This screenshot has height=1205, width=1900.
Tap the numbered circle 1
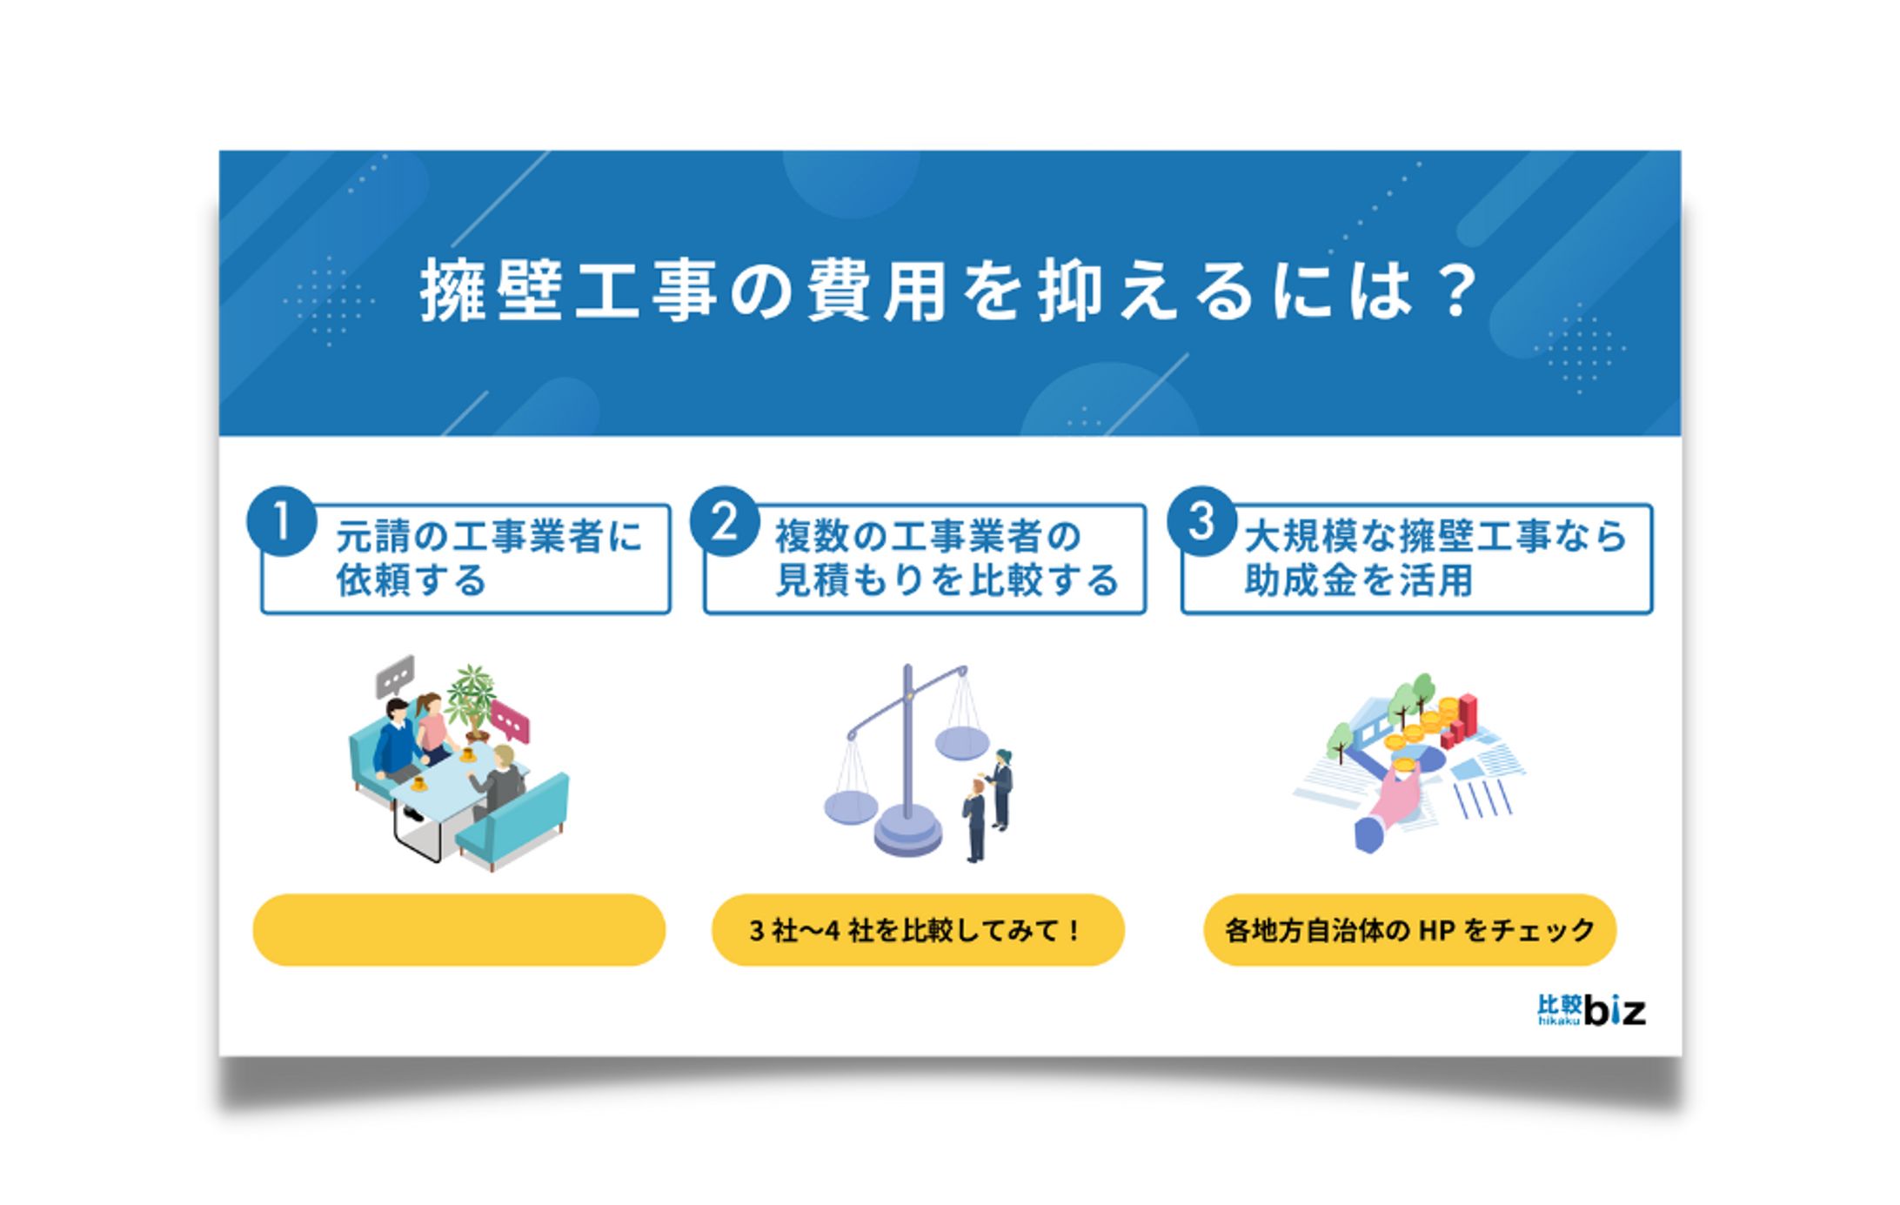[281, 520]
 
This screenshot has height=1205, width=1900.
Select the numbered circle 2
[725, 520]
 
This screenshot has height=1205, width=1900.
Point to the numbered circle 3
[1201, 520]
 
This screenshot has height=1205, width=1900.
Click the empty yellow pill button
[458, 929]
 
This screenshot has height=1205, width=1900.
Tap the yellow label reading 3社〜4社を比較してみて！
[918, 929]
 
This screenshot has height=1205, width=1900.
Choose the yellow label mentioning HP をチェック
[1409, 929]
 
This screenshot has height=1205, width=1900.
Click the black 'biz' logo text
[1615, 1009]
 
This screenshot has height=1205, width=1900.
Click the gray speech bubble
[395, 676]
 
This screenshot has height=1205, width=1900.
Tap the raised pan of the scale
[962, 742]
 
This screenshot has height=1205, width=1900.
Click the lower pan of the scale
[851, 807]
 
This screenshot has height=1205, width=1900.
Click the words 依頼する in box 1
[411, 580]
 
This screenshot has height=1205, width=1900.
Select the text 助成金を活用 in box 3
[1358, 580]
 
